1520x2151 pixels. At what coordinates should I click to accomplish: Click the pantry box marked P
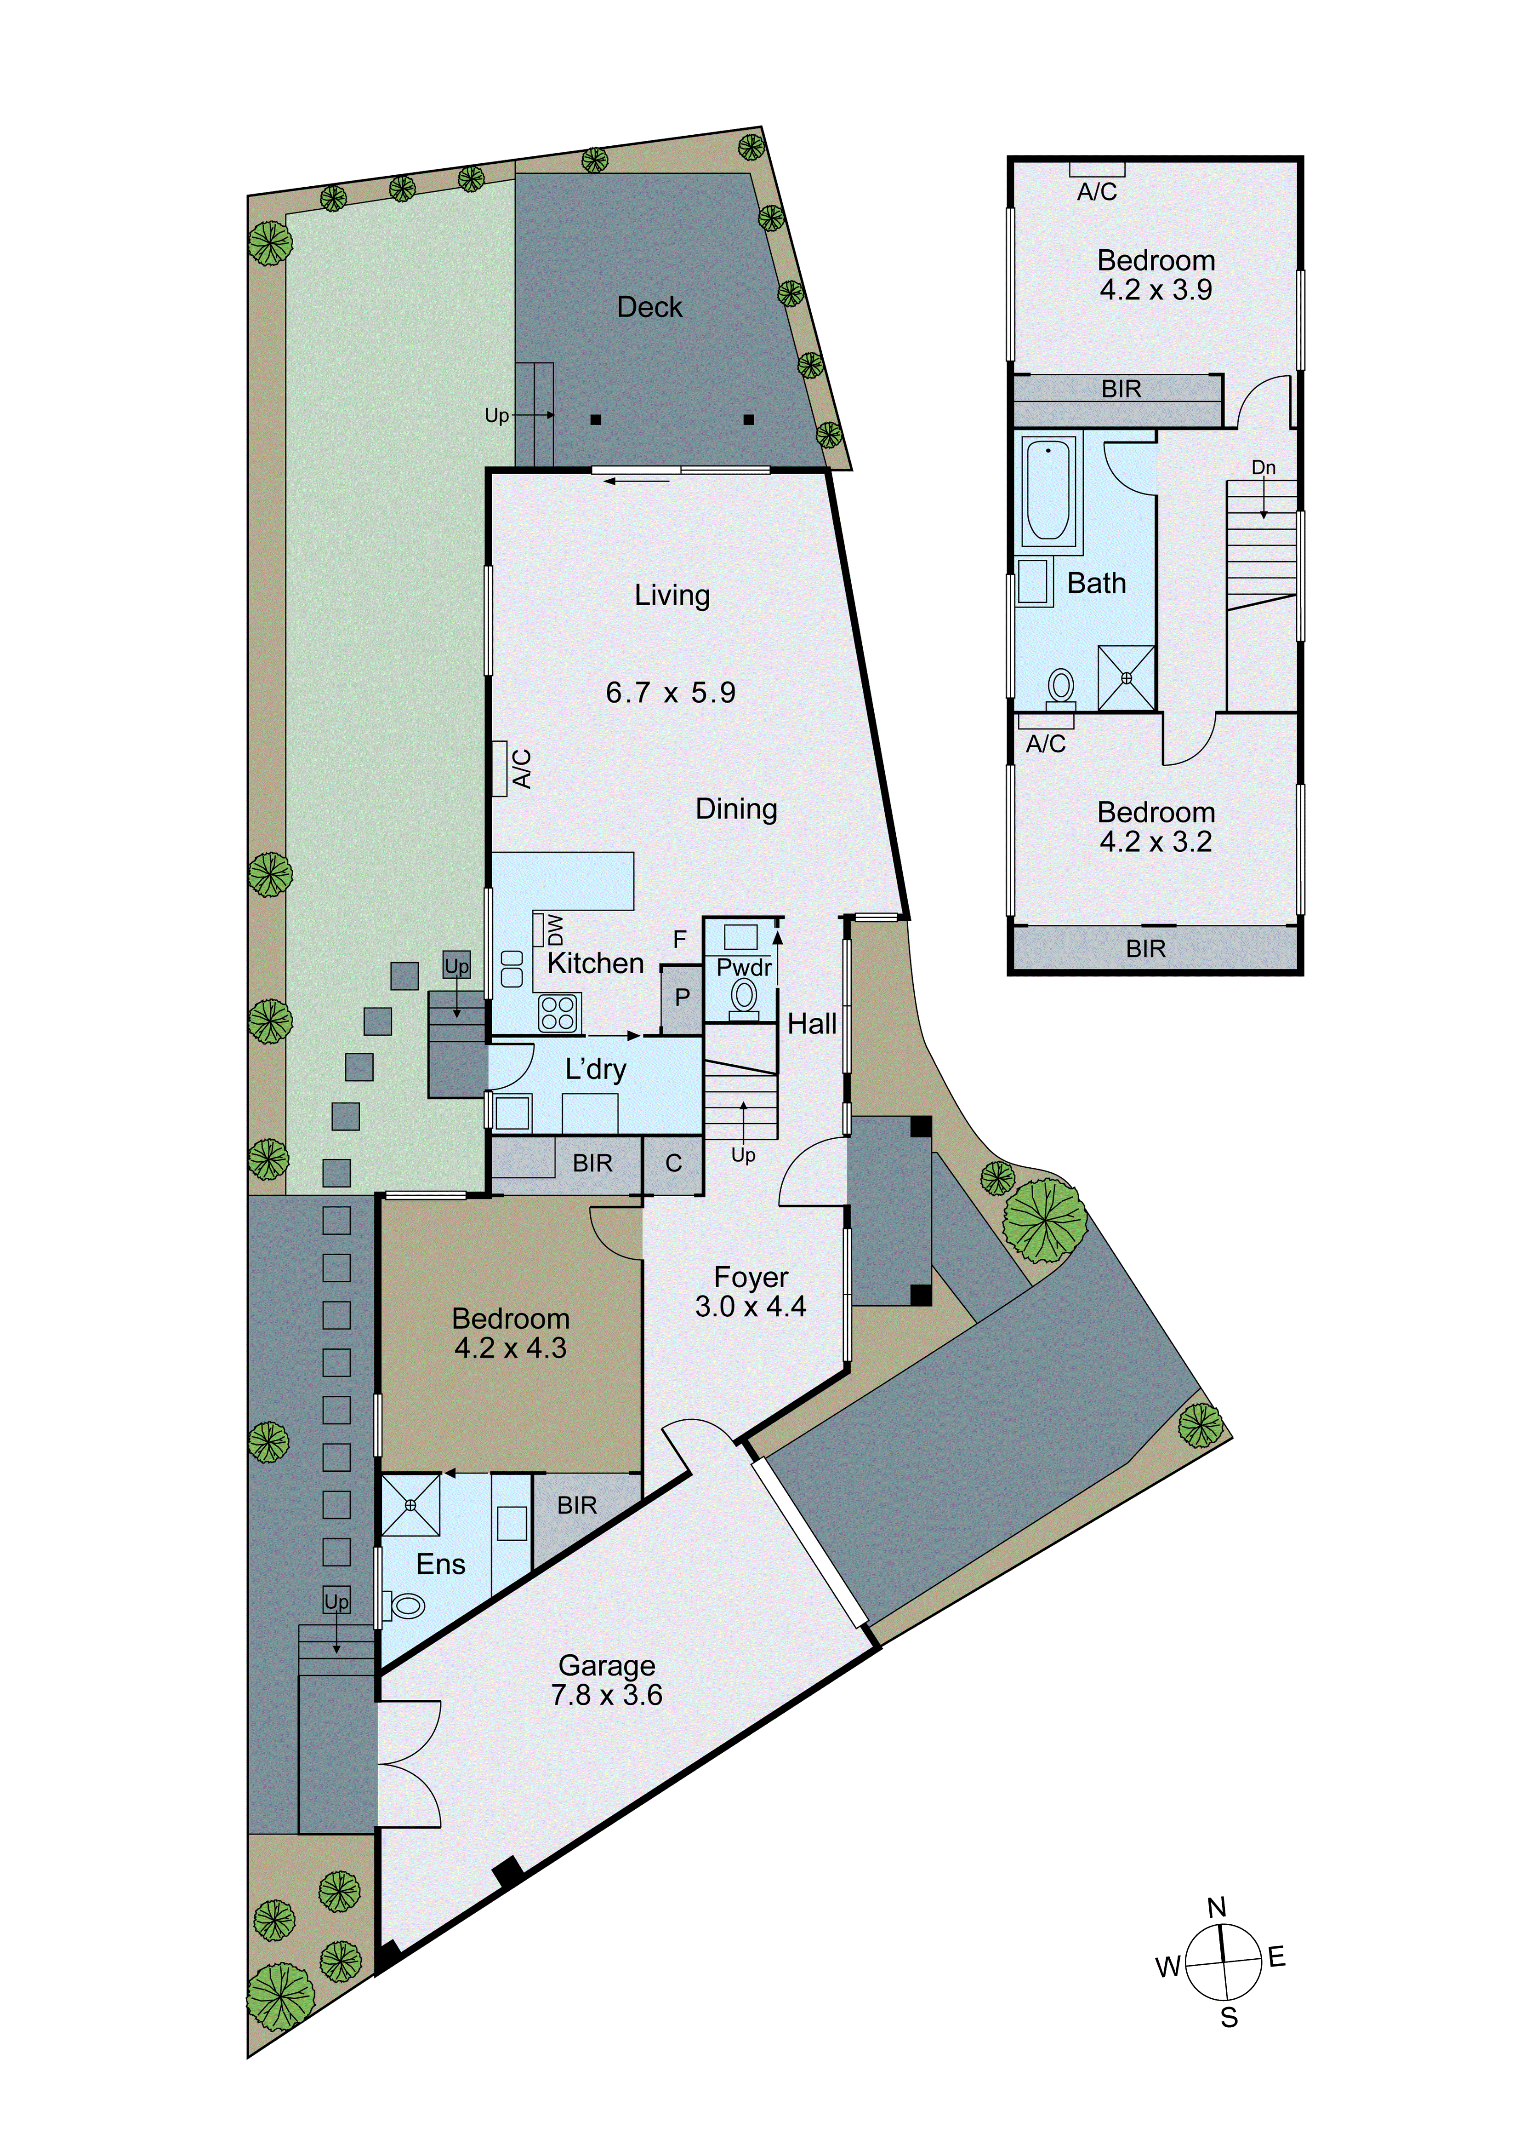[682, 998]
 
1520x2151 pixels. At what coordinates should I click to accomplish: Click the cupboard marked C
[673, 1164]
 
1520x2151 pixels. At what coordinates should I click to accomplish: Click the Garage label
[607, 1665]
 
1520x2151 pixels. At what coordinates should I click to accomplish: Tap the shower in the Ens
[410, 1505]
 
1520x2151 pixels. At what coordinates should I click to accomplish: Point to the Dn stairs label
[1264, 467]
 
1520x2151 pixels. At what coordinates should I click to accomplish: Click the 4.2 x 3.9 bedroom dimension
[1156, 290]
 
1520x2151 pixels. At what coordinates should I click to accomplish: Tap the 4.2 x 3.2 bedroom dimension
[1156, 842]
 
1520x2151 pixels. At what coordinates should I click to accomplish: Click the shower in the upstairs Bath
[1126, 677]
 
